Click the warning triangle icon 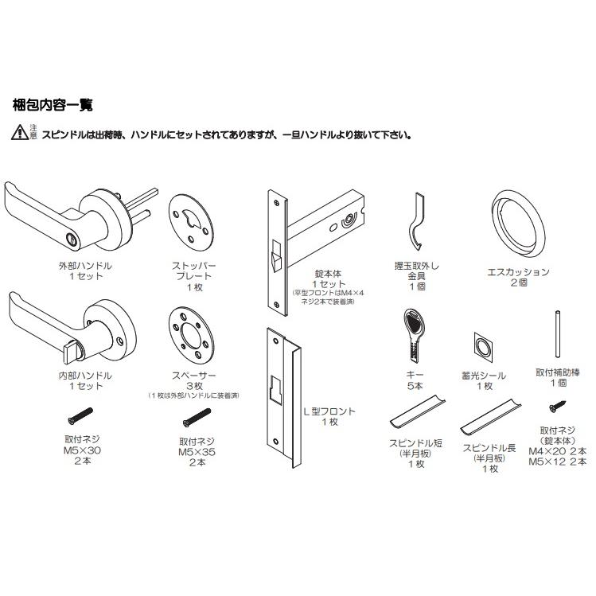[x=20, y=132]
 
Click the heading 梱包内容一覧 [x=53, y=105]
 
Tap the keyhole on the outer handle [x=71, y=239]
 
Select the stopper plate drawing [x=191, y=222]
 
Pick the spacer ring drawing [x=191, y=334]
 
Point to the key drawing [x=415, y=334]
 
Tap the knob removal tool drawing [x=416, y=221]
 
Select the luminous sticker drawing [x=484, y=348]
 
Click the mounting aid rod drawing [x=558, y=334]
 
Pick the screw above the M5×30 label [x=80, y=416]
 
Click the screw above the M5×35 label [x=197, y=417]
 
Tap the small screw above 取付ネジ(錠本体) [x=558, y=406]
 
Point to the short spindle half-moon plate [x=417, y=411]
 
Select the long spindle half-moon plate [x=491, y=417]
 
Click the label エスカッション [x=519, y=272]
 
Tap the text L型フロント [x=329, y=411]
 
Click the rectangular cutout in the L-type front [x=276, y=388]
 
